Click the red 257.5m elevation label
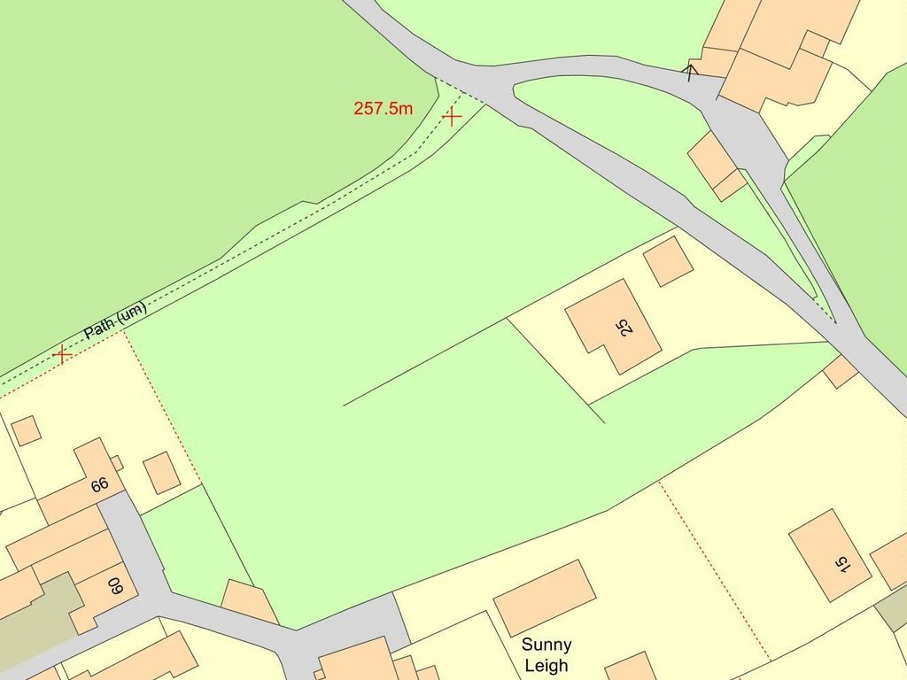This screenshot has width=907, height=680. (383, 109)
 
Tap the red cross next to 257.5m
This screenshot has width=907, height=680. (452, 116)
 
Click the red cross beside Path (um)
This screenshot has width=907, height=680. (62, 355)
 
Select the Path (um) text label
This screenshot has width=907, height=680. (115, 321)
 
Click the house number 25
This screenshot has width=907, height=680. (626, 327)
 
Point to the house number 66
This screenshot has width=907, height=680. (99, 484)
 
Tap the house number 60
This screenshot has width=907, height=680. (116, 585)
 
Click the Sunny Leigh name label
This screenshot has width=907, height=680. (547, 655)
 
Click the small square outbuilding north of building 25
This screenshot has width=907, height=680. (668, 260)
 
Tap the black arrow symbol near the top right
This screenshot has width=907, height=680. (690, 70)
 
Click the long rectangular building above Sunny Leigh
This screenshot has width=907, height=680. (545, 597)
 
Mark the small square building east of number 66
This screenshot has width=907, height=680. (162, 473)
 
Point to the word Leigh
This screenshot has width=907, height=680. (547, 666)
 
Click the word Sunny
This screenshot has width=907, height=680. (547, 645)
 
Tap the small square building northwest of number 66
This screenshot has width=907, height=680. (26, 430)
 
